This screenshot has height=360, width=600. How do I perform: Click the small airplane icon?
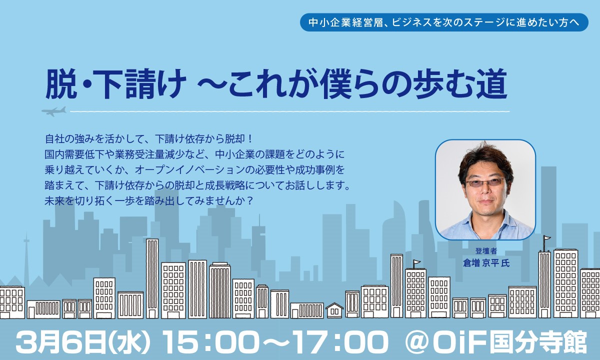[54, 111]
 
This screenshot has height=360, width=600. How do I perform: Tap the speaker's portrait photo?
[485, 189]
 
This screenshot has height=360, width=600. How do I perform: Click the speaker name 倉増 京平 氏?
[486, 263]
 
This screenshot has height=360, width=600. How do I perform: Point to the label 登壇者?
[486, 251]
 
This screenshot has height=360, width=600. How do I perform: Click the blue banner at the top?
[444, 22]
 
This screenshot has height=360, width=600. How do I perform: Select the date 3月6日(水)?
[83, 343]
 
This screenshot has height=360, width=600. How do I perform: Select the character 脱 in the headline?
[61, 84]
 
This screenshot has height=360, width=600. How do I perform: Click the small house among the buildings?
[334, 310]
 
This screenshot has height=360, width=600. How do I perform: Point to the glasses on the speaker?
[485, 183]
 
